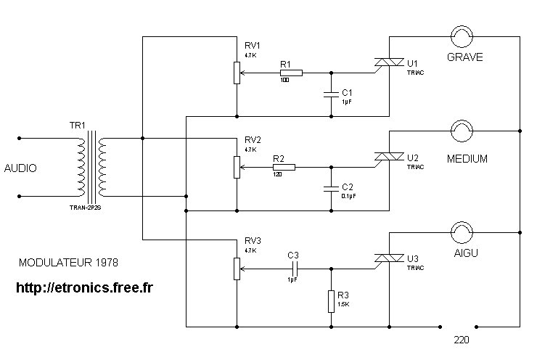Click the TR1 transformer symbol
(91, 168)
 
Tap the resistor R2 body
(284, 167)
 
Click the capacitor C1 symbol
(332, 93)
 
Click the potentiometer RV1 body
(237, 73)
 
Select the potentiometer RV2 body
(237, 167)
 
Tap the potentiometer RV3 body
(237, 268)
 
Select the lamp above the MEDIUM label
(462, 131)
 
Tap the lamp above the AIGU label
(462, 232)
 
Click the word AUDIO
(20, 168)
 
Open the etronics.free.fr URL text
(84, 287)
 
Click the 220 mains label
(462, 340)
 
